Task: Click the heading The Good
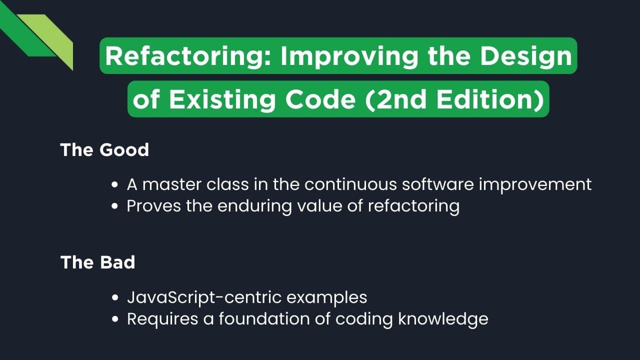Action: coord(104,150)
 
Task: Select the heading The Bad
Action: coord(97,262)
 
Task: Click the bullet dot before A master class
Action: coord(115,185)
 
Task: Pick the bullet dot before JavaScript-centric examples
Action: coord(115,298)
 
